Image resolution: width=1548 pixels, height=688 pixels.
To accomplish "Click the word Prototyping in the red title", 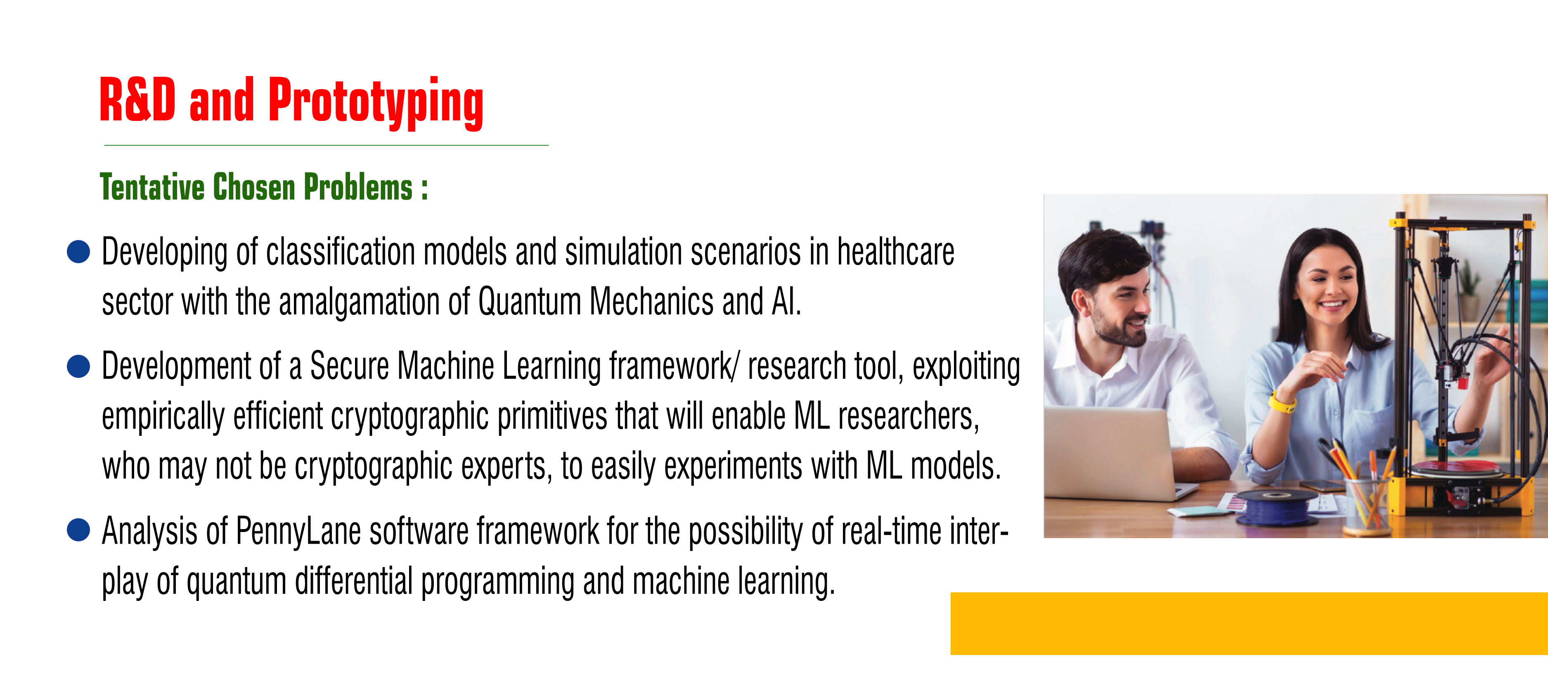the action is [376, 102].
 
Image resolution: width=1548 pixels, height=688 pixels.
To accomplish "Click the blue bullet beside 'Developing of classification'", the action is [78, 252].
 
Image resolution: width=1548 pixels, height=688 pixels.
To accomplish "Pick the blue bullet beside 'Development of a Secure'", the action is [78, 366].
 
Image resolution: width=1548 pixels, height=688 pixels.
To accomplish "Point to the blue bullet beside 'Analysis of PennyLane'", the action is [78, 530].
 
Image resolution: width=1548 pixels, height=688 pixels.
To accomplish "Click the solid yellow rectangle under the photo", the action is [1249, 624].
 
